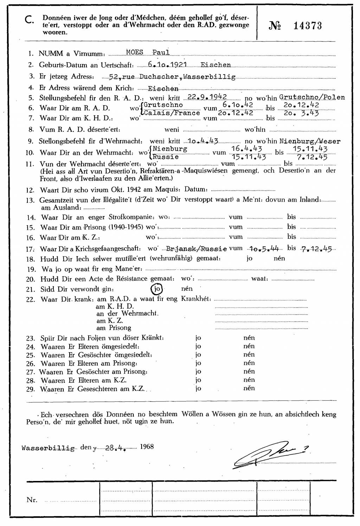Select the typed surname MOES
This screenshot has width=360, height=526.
coord(134,53)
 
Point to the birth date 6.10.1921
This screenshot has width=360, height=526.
coord(168,65)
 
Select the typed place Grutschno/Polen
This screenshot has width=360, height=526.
coord(312,97)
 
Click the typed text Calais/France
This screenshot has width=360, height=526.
coord(172,113)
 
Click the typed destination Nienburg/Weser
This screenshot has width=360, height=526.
coord(310,141)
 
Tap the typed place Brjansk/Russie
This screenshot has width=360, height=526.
coord(197,249)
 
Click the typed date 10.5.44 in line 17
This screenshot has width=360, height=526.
coord(263,249)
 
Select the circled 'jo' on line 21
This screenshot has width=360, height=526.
coord(156,289)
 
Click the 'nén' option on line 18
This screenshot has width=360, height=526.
coord(279,258)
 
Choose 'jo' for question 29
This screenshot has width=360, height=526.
coord(198,388)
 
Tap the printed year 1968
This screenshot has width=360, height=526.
coord(147,446)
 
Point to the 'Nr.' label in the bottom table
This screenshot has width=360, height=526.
coord(32,500)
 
